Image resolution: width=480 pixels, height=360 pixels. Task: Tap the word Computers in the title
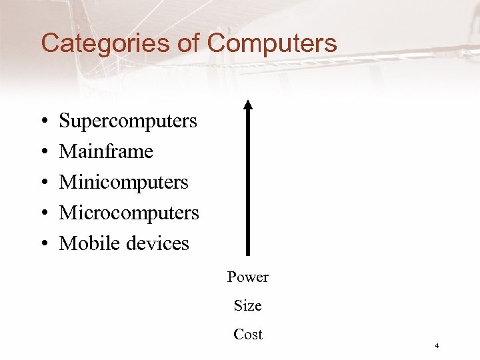click(x=272, y=44)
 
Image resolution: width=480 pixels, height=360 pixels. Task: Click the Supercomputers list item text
click(x=128, y=121)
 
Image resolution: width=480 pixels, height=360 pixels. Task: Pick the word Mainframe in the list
click(x=106, y=151)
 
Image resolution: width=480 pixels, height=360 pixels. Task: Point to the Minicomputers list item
click(x=124, y=182)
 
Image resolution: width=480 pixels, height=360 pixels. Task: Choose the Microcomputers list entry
click(x=129, y=213)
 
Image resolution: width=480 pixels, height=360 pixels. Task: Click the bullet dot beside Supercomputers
click(x=43, y=122)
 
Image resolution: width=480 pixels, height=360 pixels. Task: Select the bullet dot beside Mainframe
click(x=43, y=153)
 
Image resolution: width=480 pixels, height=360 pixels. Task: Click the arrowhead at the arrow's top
click(x=248, y=105)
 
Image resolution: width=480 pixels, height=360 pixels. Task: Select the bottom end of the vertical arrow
click(x=248, y=253)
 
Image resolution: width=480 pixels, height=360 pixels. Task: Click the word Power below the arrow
click(x=248, y=277)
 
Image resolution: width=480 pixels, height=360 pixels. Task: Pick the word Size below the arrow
click(x=248, y=306)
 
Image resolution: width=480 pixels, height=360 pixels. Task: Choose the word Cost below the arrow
click(x=248, y=335)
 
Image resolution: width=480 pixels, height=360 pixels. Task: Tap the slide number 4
click(x=436, y=346)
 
